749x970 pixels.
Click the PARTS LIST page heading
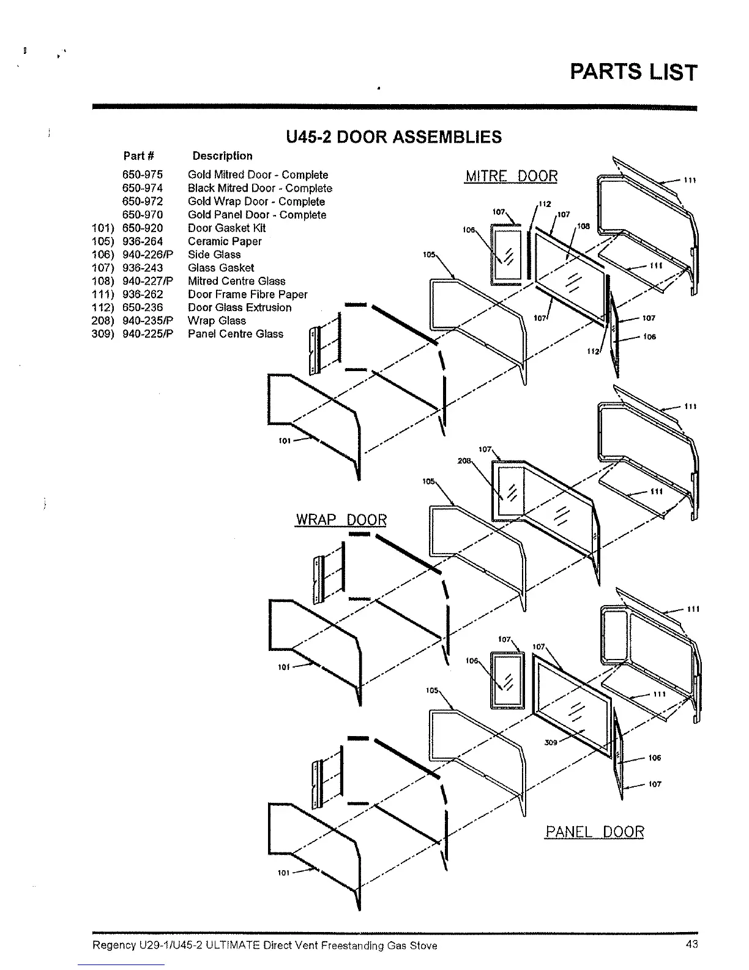(633, 72)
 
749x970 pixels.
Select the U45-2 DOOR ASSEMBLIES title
(393, 137)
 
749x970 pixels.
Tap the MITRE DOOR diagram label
(512, 176)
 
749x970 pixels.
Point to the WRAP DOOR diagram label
(341, 520)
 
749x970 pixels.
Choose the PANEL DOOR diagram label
(594, 832)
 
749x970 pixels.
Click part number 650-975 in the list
(143, 175)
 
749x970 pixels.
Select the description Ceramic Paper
(225, 241)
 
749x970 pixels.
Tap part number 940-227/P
(147, 281)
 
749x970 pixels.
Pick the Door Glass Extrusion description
(239, 307)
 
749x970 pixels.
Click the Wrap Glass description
(217, 321)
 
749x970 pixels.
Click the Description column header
(222, 156)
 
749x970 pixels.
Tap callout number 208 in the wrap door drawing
(463, 461)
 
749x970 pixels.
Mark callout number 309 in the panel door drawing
(550, 743)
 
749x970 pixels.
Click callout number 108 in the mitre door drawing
(583, 227)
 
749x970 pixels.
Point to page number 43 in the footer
(691, 944)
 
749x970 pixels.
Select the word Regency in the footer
(110, 946)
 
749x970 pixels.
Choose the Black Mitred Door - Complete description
(259, 189)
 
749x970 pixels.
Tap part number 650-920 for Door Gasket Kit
(143, 228)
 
